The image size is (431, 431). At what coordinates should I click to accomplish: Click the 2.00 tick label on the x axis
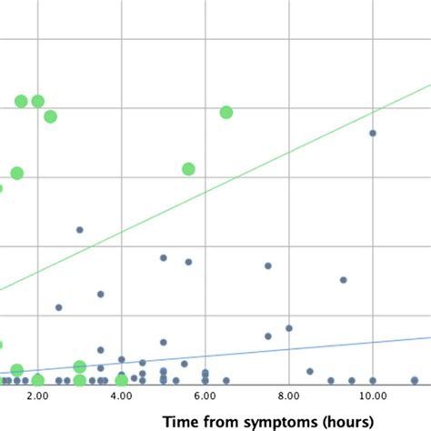click(37, 397)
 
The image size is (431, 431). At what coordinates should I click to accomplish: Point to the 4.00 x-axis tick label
click(121, 397)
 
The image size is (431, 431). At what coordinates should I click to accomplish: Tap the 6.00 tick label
click(205, 397)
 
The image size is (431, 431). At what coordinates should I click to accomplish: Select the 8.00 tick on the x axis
click(288, 397)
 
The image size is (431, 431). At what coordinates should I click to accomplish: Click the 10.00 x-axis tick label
click(372, 397)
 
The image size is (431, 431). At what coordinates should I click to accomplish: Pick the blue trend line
click(273, 352)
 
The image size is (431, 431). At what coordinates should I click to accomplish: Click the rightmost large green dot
click(226, 112)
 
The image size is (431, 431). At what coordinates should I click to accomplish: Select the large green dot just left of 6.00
click(188, 169)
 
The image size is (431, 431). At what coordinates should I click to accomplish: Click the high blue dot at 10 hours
click(372, 133)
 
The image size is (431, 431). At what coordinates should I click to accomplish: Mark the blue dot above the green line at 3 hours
click(79, 230)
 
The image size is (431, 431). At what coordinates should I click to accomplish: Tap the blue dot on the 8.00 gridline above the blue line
click(288, 328)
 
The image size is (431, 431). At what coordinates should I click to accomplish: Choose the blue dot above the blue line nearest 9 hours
click(343, 280)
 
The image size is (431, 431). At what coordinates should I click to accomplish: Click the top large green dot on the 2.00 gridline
click(37, 101)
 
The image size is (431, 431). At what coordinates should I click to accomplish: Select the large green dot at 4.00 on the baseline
click(121, 380)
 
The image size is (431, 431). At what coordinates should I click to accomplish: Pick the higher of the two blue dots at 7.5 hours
click(267, 266)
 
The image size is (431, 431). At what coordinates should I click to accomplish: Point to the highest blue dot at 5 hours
click(163, 257)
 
